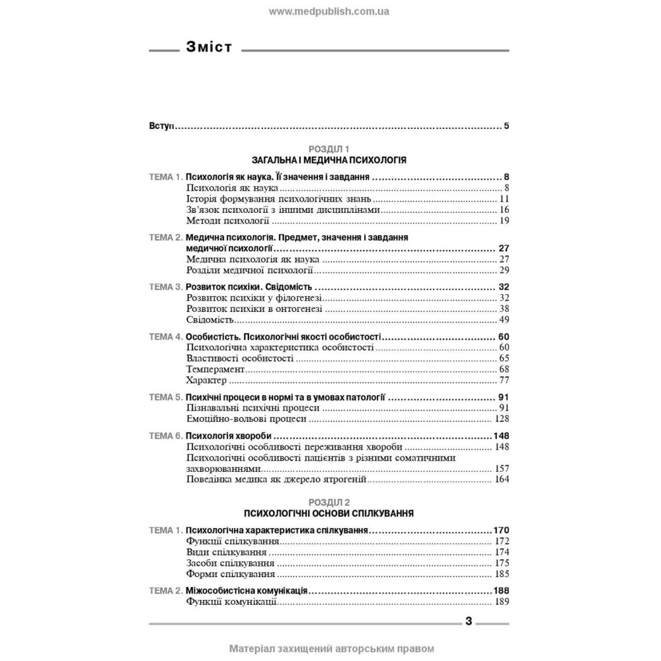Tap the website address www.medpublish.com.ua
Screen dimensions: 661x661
click(330, 11)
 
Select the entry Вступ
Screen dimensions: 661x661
click(159, 126)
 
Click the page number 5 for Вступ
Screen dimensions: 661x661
click(506, 126)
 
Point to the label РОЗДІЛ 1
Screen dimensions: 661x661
click(329, 149)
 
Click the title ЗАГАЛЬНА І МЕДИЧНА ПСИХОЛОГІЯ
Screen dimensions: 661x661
click(329, 160)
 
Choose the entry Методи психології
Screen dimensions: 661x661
click(227, 220)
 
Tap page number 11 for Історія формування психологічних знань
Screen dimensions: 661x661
click(503, 199)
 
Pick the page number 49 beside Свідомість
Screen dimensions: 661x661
click(503, 320)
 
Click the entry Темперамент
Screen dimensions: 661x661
click(215, 369)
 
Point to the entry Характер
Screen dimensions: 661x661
click(207, 380)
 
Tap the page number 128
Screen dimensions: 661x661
click(500, 419)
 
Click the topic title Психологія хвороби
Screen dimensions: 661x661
click(229, 436)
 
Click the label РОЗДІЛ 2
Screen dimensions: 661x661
click(329, 502)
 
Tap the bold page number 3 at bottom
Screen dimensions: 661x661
click(468, 621)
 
